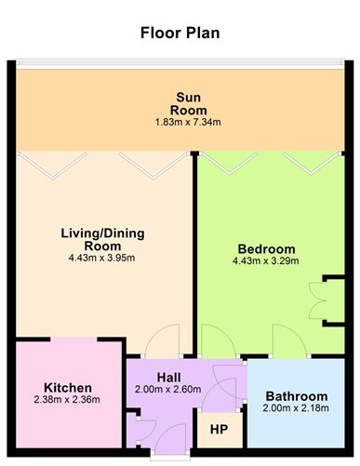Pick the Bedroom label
(x=266, y=248)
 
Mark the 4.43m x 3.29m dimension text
(x=266, y=262)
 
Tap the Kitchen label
(x=67, y=387)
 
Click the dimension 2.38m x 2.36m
(x=67, y=400)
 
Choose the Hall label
(x=167, y=377)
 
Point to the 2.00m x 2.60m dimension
(x=167, y=390)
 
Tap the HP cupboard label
(x=218, y=429)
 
